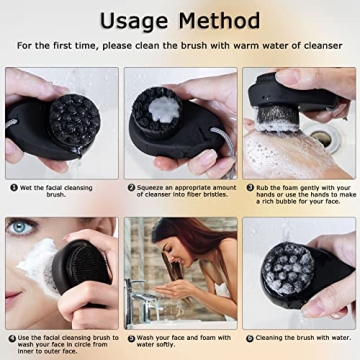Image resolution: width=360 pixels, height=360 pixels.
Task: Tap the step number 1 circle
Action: tap(13, 187)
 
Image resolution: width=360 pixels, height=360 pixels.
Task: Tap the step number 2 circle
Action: tap(130, 187)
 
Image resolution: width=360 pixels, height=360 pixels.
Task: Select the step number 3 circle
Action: tap(247, 187)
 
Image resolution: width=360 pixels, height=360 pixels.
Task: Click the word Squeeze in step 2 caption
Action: tap(152, 187)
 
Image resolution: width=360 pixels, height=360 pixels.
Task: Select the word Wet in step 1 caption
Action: tap(27, 187)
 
